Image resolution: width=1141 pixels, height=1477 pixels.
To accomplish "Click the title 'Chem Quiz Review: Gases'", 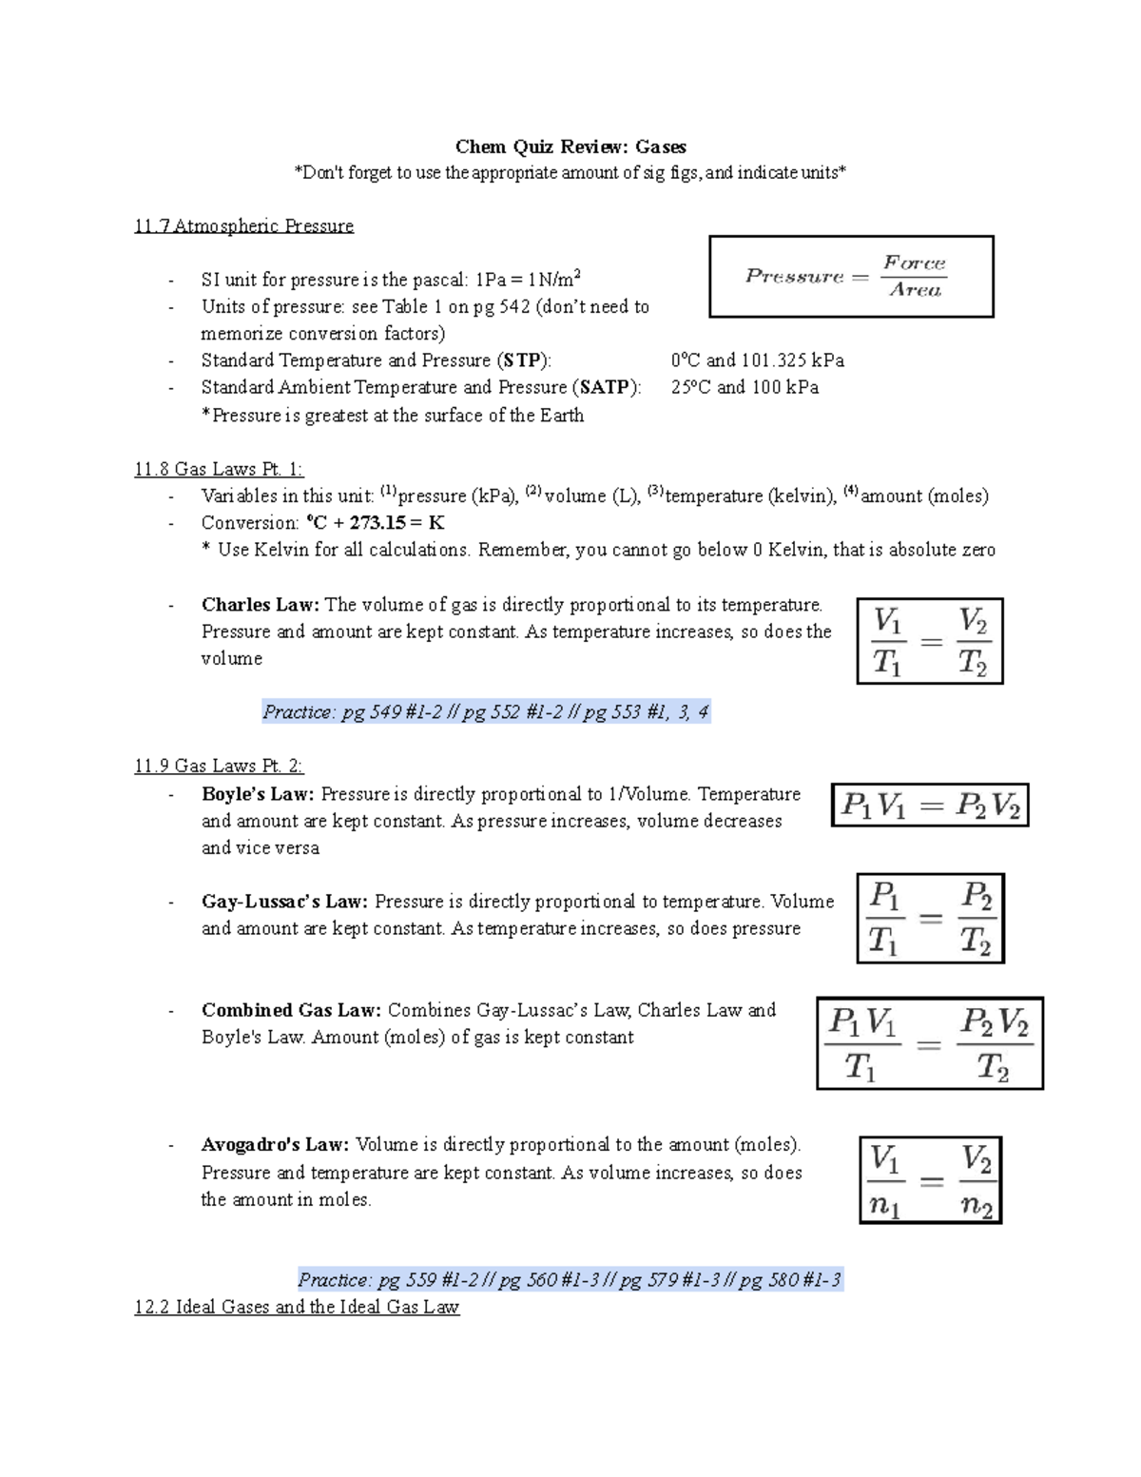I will click(570, 146).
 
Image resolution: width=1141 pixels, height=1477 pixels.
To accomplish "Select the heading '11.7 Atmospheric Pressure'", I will click(243, 225).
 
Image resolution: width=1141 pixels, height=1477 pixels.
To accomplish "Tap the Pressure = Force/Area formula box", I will click(851, 276).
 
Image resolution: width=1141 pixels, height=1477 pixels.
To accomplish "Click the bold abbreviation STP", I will click(522, 360).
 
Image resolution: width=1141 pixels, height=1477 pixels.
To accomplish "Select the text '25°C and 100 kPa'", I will click(745, 387).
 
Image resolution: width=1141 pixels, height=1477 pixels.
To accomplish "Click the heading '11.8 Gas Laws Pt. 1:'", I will click(219, 469).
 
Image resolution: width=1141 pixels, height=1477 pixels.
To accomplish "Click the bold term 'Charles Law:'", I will click(261, 605).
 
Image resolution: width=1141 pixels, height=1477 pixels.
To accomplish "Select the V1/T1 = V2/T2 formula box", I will click(930, 641).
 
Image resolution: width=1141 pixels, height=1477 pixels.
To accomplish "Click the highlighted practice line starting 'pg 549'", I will click(486, 711).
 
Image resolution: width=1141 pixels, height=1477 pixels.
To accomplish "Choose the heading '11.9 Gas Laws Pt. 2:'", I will click(219, 766).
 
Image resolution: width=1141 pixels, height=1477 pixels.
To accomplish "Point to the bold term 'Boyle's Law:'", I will click(258, 794).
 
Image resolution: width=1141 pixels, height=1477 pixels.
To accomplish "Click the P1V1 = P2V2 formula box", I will click(930, 806).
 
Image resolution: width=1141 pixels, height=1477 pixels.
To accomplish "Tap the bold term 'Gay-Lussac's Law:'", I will click(285, 902).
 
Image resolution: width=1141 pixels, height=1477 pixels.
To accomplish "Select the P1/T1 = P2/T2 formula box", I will click(930, 919).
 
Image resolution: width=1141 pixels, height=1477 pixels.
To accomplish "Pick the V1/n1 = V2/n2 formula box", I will click(930, 1180).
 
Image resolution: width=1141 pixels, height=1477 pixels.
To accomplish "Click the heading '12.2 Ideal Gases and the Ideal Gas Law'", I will click(297, 1307).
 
